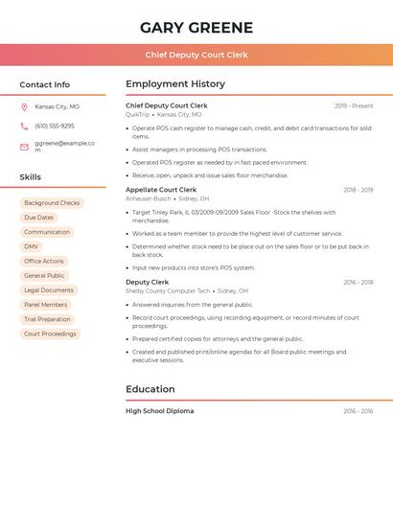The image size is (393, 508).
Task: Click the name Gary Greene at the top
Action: click(196, 28)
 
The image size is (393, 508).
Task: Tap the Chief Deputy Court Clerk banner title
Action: click(196, 56)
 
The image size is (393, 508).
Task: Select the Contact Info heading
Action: click(45, 84)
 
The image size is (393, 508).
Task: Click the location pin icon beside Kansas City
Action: click(24, 106)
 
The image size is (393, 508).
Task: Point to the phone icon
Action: click(24, 127)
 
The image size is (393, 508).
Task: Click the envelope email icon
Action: click(24, 147)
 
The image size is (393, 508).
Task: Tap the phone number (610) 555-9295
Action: click(54, 127)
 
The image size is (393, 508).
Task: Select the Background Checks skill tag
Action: click(52, 203)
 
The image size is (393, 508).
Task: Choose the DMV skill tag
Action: click(32, 246)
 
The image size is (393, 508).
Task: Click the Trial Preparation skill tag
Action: click(47, 319)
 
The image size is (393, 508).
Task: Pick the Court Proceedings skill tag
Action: click(50, 334)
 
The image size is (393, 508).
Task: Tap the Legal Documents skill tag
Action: click(48, 290)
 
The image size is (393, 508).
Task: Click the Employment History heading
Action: click(175, 84)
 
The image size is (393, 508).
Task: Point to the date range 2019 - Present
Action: click(354, 105)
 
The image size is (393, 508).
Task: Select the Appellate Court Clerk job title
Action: click(161, 190)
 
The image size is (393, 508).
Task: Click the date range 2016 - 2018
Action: click(358, 283)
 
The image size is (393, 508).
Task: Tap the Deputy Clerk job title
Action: click(147, 283)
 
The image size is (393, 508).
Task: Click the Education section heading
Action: click(150, 389)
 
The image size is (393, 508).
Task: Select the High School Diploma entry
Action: click(159, 411)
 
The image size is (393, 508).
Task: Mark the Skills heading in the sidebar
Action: click(31, 177)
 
